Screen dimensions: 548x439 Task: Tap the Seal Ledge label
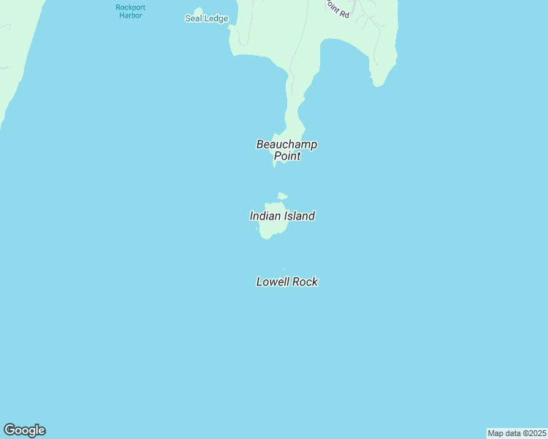(x=207, y=18)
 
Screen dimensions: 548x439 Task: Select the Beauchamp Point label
(x=286, y=150)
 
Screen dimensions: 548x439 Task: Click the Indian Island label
(x=282, y=216)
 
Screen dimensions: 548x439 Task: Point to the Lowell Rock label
(x=286, y=282)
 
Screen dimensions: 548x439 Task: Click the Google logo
(x=24, y=430)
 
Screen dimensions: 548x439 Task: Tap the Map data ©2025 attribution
(x=516, y=433)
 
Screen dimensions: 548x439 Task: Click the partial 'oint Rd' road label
(x=337, y=8)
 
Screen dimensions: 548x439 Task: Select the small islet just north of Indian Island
(x=283, y=195)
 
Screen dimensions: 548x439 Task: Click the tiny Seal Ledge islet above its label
(x=199, y=10)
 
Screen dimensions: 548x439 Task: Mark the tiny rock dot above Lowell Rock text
(x=283, y=269)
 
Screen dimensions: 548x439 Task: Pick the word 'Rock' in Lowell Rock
(x=305, y=282)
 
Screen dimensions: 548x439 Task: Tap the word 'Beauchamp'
(x=286, y=144)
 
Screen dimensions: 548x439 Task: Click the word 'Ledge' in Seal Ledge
(x=216, y=18)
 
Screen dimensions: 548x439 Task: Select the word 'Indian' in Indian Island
(x=265, y=216)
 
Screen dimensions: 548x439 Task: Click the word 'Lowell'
(x=273, y=282)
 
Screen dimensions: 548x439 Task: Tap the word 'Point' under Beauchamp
(x=286, y=156)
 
